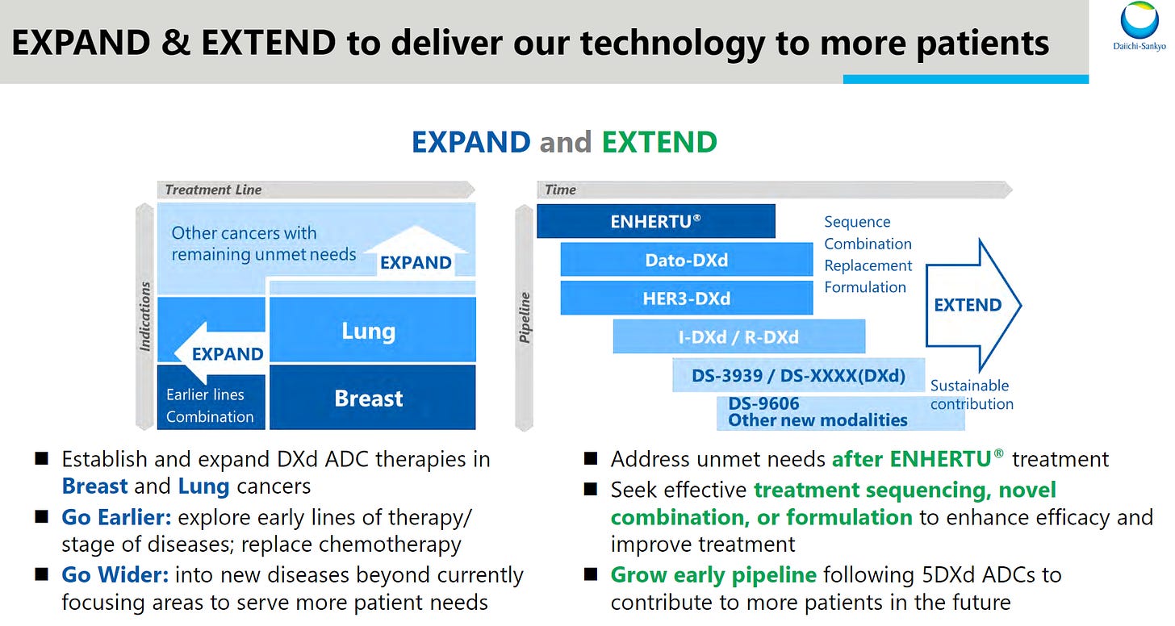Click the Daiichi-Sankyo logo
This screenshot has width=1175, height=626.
(1139, 26)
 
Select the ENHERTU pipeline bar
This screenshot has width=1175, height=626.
(655, 221)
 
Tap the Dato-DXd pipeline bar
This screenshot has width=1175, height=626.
(687, 260)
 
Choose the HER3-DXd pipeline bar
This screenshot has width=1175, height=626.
(687, 298)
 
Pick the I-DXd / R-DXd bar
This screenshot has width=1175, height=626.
(738, 336)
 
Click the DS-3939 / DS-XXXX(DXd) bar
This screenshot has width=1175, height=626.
(798, 375)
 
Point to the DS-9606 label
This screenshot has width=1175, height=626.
(763, 403)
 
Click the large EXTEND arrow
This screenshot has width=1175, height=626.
(973, 305)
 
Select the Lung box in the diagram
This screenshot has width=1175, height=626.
(373, 330)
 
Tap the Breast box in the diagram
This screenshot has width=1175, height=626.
(373, 398)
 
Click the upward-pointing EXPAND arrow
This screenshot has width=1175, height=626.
(416, 251)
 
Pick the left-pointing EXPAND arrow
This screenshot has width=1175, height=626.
(220, 353)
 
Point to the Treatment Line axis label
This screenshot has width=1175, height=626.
(213, 190)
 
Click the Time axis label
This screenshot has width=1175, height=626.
(560, 190)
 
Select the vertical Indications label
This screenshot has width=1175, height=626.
(144, 316)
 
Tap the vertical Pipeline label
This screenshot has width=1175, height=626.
(524, 318)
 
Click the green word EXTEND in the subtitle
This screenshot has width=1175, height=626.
(659, 142)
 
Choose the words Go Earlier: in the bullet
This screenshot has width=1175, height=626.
(116, 517)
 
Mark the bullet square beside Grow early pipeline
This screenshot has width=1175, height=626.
(591, 574)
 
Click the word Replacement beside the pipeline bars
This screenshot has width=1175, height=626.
(868, 265)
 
